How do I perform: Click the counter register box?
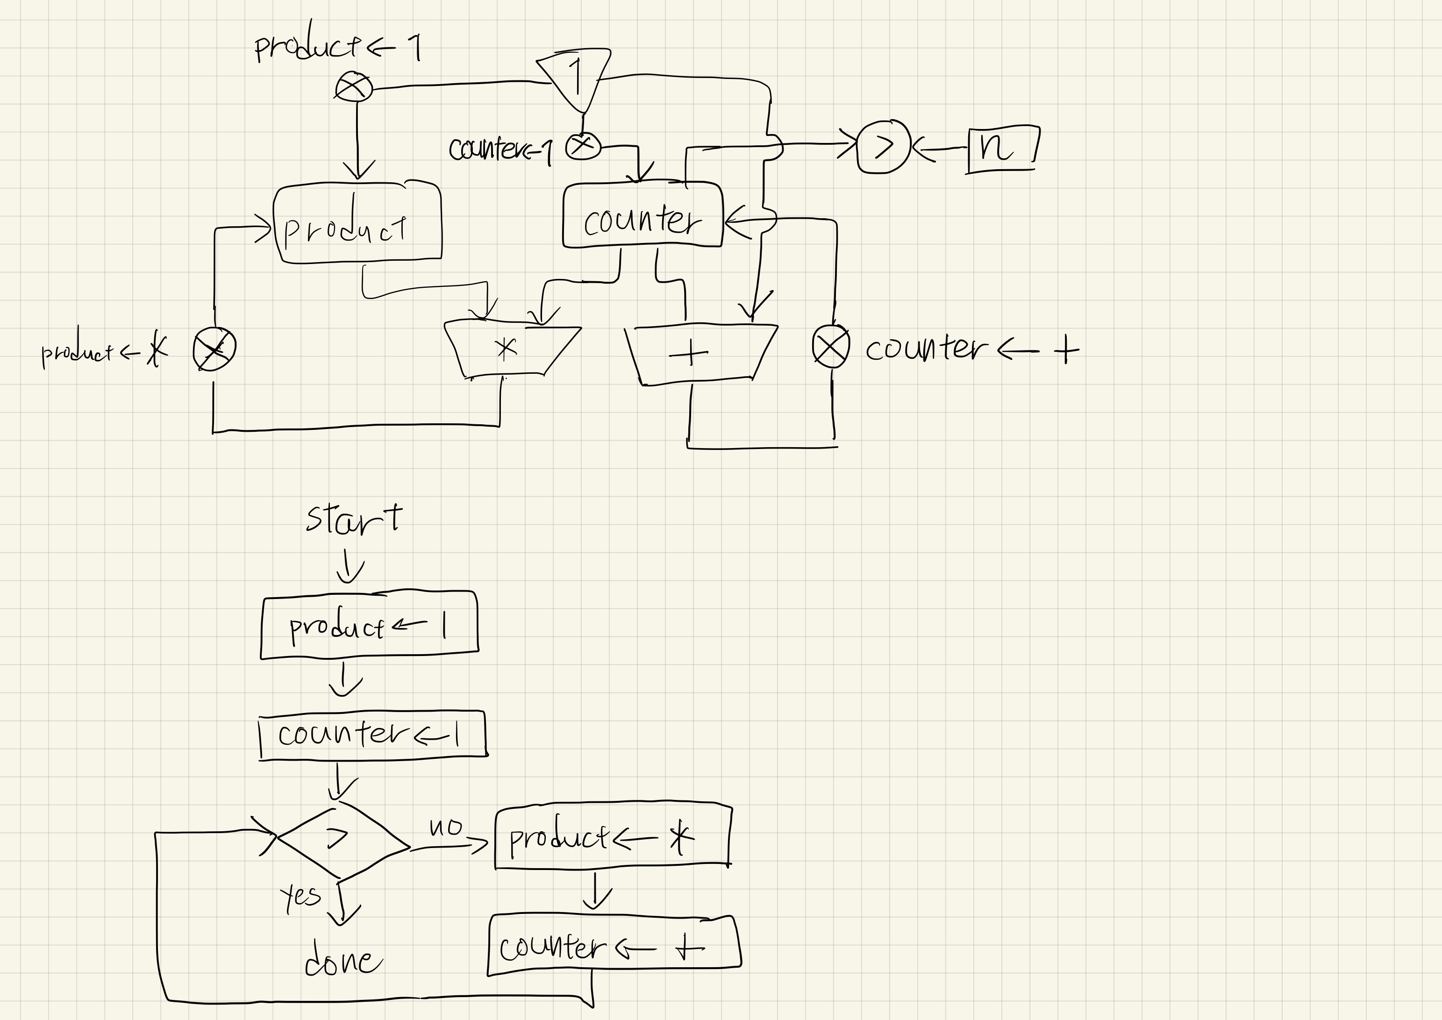(642, 215)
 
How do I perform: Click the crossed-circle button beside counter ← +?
(831, 346)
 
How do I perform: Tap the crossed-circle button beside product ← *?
(214, 349)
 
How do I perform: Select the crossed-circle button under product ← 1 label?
(354, 87)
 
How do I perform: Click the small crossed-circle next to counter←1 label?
(583, 146)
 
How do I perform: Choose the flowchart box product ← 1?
(369, 626)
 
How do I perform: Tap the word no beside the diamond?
(445, 827)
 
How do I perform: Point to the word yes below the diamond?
(300, 896)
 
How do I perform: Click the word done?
(343, 962)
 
